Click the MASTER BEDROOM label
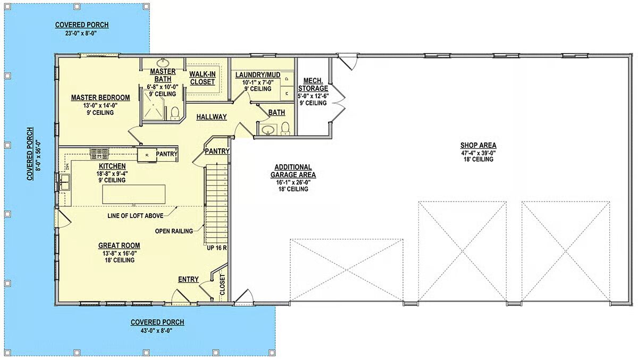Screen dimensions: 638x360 click(x=100, y=98)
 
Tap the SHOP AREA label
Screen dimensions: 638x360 click(x=478, y=145)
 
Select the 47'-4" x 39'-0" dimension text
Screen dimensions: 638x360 click(x=478, y=153)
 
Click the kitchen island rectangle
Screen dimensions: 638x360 click(x=133, y=194)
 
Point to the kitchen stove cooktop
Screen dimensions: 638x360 click(x=99, y=154)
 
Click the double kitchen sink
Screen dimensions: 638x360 click(x=65, y=182)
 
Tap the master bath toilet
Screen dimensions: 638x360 click(x=174, y=113)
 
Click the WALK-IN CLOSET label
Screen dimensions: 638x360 click(x=202, y=78)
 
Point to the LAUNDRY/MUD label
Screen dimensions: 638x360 click(x=258, y=75)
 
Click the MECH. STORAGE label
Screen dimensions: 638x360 click(x=313, y=85)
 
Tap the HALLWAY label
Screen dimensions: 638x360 click(x=212, y=117)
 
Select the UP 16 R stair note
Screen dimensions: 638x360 click(x=217, y=248)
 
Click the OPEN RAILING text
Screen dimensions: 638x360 click(x=174, y=231)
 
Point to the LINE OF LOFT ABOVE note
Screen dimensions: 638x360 click(x=135, y=216)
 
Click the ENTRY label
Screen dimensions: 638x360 click(x=188, y=279)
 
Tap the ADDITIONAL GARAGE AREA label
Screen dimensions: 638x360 click(x=293, y=171)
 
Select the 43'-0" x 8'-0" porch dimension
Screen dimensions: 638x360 click(x=157, y=331)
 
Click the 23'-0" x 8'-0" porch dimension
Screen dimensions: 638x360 click(x=81, y=33)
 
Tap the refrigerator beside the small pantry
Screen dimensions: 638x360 click(x=147, y=155)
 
